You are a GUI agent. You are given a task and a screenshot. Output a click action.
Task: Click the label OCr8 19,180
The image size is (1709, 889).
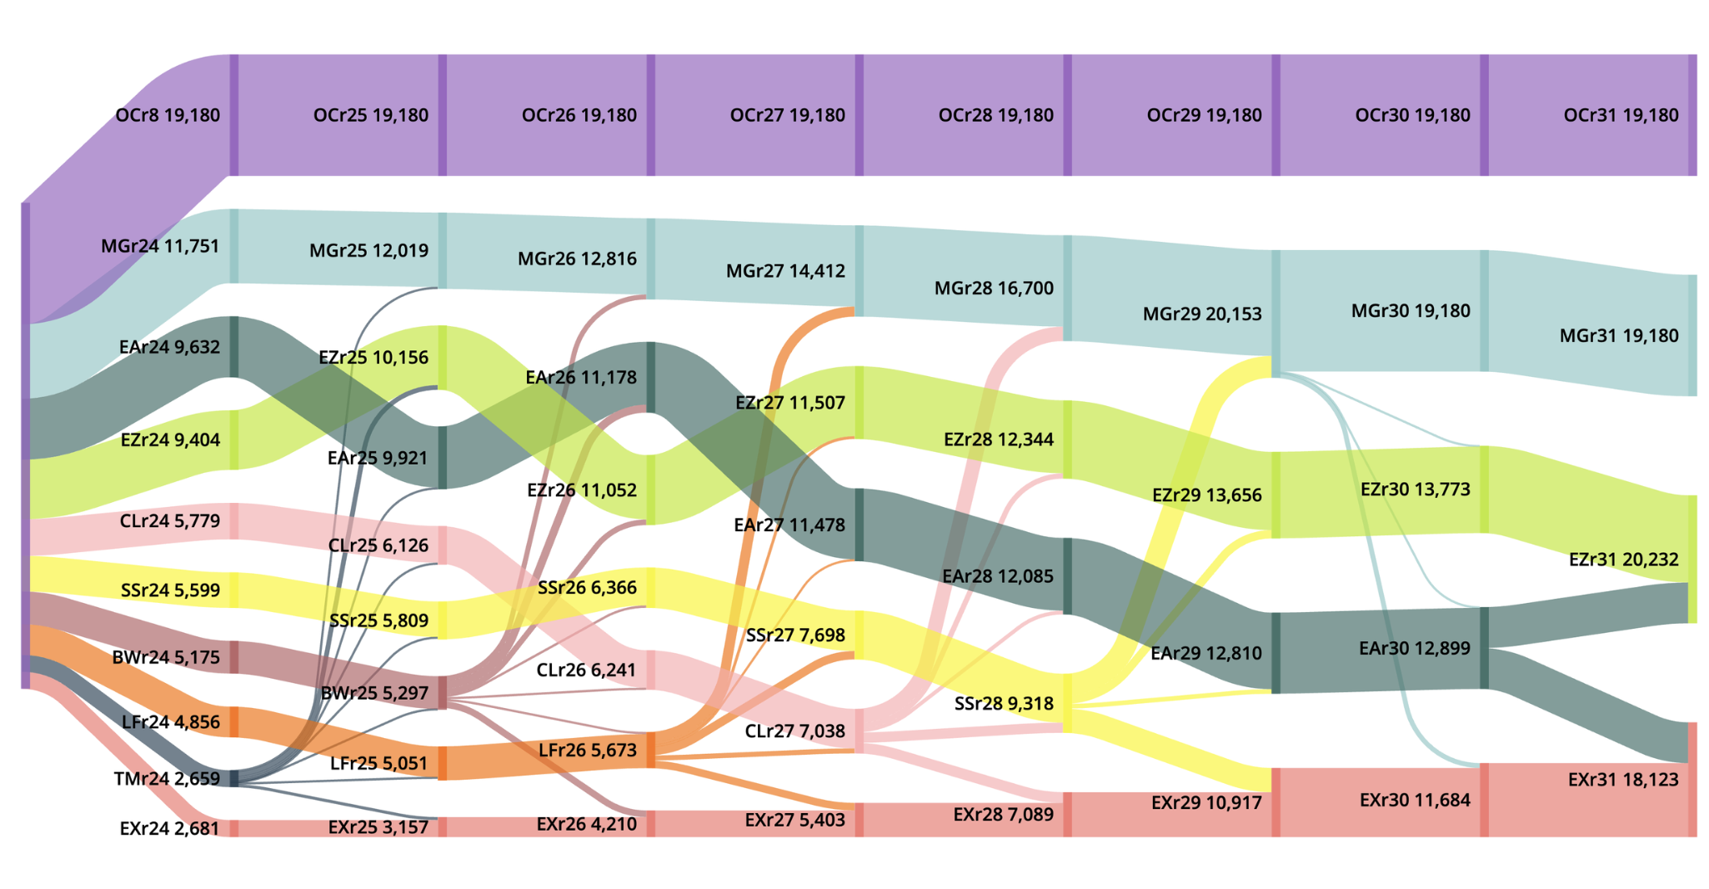168,115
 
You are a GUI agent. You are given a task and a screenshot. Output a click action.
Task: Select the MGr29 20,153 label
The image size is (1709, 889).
1201,314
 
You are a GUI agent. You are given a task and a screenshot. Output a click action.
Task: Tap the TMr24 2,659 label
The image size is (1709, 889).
167,779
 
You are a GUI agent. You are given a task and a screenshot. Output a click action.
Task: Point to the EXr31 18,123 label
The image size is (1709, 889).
1622,780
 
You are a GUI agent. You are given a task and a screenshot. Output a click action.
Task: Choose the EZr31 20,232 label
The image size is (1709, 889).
1622,560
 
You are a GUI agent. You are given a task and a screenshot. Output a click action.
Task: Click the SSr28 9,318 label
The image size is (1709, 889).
1003,704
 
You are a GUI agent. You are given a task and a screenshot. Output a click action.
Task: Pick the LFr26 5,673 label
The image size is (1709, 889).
587,751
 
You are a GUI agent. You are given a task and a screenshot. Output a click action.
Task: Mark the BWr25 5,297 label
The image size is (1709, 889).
374,693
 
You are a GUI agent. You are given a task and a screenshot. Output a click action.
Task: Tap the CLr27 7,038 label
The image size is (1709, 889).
794,731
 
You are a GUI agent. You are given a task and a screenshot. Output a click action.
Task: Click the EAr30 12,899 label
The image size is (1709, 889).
1414,648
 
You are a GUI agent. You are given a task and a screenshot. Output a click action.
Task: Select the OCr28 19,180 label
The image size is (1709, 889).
995,115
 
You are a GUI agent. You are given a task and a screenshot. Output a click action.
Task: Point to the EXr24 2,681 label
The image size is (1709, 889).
169,829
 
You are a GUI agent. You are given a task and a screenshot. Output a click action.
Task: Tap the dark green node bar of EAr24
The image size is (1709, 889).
234,347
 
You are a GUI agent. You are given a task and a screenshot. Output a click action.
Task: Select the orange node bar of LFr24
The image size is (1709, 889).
234,722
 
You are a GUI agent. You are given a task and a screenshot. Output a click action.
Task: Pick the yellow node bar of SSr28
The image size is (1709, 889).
1068,704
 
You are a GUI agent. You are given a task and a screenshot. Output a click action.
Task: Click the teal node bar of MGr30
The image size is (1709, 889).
1484,311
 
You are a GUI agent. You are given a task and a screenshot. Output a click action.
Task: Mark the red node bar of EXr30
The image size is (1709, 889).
1484,801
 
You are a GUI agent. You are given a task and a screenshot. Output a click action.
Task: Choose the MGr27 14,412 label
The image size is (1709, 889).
785,271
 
